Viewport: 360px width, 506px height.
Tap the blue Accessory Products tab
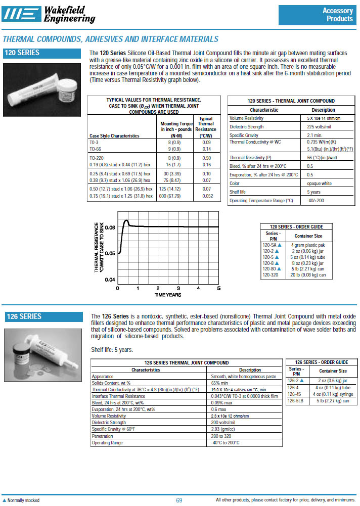tap(317, 15)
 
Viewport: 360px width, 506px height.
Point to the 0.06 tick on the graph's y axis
tap(110, 227)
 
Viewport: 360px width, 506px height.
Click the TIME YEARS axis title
tap(168, 295)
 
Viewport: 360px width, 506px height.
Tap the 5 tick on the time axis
tap(218, 288)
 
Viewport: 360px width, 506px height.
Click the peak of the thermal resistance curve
tap(126, 220)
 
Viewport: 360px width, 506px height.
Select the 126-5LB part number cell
tap(296, 400)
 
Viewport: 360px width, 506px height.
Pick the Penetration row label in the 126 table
tap(102, 436)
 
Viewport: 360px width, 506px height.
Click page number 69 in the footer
tap(179, 500)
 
